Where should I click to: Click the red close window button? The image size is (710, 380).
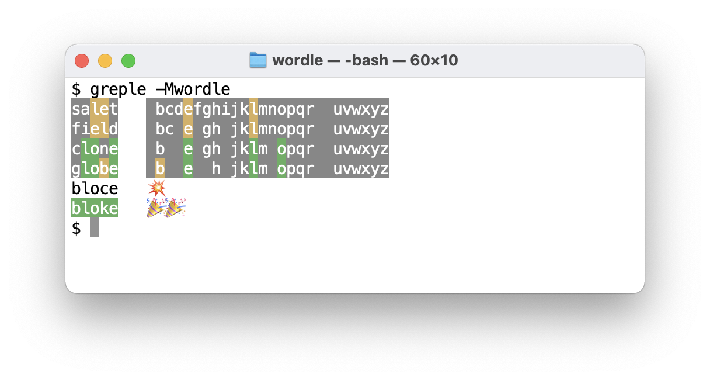82,61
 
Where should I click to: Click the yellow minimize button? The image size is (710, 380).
105,61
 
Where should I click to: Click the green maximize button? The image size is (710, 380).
128,61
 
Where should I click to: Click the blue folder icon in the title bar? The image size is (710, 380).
257,60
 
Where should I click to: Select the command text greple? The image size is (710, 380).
118,89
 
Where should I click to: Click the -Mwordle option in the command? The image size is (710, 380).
193,89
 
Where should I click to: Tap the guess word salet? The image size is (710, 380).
95,109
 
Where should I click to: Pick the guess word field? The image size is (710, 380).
95,129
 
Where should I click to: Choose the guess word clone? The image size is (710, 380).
95,148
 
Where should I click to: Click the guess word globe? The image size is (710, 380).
95,168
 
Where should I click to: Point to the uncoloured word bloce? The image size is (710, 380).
95,188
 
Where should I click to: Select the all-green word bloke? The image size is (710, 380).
95,208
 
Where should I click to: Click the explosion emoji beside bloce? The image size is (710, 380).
156,188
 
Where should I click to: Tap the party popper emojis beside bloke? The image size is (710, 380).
166,208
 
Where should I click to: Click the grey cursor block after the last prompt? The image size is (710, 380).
95,228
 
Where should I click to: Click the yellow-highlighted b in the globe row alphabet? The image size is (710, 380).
160,168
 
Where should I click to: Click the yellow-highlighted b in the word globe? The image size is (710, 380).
104,168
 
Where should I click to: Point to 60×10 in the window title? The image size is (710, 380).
434,60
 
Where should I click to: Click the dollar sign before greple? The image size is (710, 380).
76,89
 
